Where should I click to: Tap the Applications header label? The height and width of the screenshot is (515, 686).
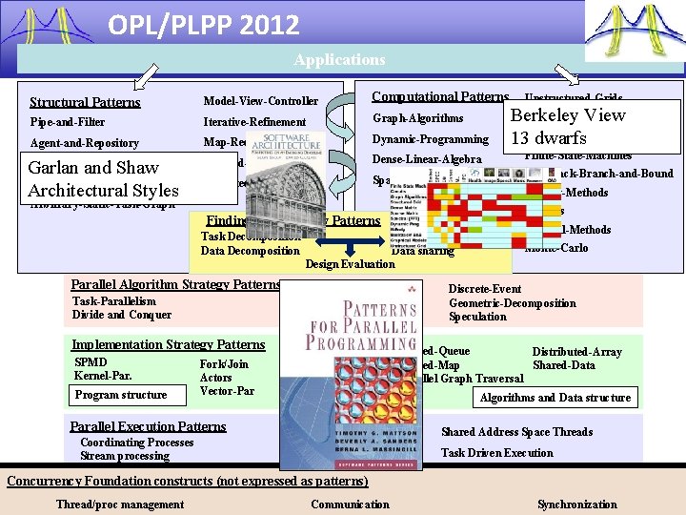pyautogui.click(x=340, y=60)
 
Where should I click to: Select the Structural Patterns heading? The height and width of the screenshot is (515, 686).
pyautogui.click(x=85, y=102)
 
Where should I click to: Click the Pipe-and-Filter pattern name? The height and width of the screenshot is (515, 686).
pyautogui.click(x=67, y=122)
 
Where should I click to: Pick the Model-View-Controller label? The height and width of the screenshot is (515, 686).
pyautogui.click(x=260, y=101)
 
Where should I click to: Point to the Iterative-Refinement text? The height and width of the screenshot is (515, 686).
pyautogui.click(x=254, y=122)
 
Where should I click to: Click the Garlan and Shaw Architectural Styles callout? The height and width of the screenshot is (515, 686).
pyautogui.click(x=104, y=178)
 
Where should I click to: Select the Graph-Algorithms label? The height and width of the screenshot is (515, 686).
pyautogui.click(x=417, y=119)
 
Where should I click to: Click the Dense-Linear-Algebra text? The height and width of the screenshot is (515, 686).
pyautogui.click(x=426, y=159)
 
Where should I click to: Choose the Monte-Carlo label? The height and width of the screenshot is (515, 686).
pyautogui.click(x=556, y=248)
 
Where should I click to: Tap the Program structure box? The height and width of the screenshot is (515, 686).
pyautogui.click(x=120, y=395)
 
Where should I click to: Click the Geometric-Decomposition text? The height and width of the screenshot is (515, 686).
pyautogui.click(x=512, y=303)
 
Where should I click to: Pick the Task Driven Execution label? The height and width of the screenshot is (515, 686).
pyautogui.click(x=496, y=453)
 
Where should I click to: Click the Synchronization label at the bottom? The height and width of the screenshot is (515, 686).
pyautogui.click(x=576, y=505)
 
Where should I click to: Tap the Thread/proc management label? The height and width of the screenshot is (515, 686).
pyautogui.click(x=120, y=505)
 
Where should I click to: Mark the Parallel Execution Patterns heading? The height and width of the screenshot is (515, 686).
pyautogui.click(x=148, y=426)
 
